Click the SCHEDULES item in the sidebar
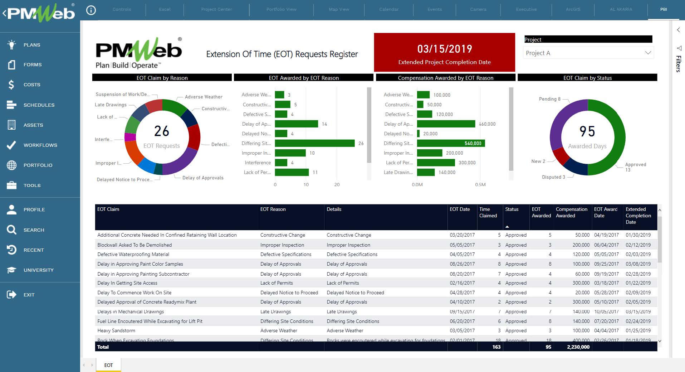(39, 105)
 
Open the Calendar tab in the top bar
(388, 9)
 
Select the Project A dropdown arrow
(648, 53)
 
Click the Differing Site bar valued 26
(314, 143)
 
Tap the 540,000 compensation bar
(451, 143)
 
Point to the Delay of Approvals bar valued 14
(296, 124)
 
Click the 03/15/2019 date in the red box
(445, 49)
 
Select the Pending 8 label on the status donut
(549, 99)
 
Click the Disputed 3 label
(553, 177)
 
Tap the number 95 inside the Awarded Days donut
(587, 131)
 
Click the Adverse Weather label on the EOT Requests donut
(204, 97)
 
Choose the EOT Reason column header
(273, 209)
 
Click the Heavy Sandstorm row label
(116, 330)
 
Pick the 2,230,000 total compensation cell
(578, 347)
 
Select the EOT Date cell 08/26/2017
(462, 264)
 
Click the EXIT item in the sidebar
(29, 295)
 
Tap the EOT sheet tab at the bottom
(108, 365)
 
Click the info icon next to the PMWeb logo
(91, 10)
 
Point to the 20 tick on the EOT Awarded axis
(337, 185)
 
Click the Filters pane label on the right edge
(678, 64)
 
